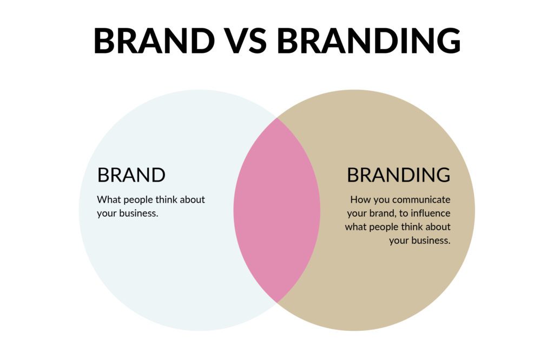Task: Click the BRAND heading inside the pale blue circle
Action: pos(131,175)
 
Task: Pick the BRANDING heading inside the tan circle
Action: pos(399,175)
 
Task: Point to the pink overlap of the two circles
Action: pos(277,210)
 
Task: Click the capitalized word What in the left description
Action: pos(109,199)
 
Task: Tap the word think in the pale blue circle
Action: pos(167,199)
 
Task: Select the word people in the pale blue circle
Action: pos(138,201)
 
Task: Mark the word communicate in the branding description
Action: pos(421,200)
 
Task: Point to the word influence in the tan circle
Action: pos(430,213)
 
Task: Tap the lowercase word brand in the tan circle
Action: pos(382,213)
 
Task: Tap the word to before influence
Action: pos(404,214)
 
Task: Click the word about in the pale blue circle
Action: pos(193,199)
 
